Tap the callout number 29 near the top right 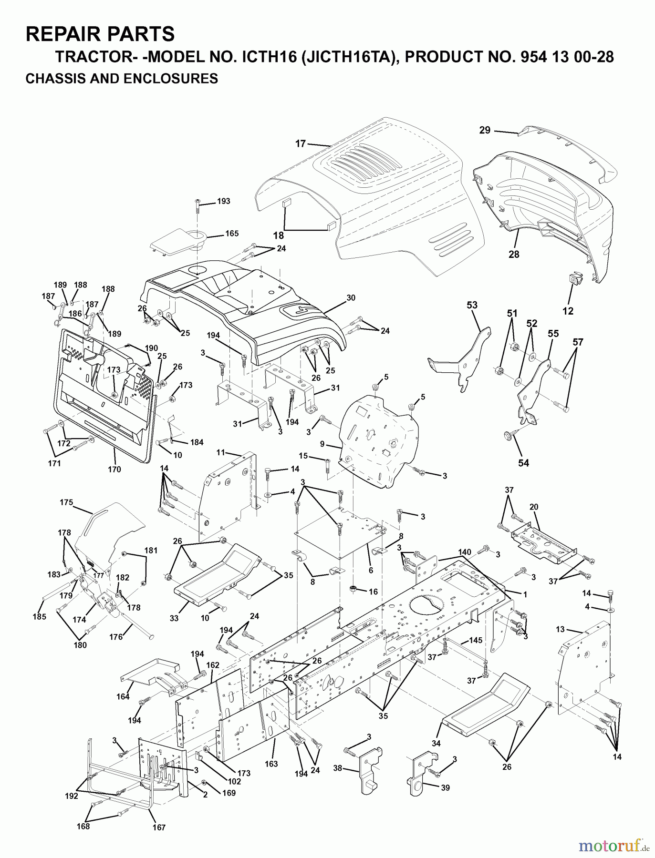485,130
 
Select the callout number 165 232,234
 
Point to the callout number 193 223,201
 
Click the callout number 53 472,305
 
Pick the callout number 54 523,463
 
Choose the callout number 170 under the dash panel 114,469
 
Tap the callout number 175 66,502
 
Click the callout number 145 476,640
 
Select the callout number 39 445,788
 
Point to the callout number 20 534,507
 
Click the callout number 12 568,311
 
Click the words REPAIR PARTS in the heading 100,34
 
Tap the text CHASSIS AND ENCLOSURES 122,78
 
